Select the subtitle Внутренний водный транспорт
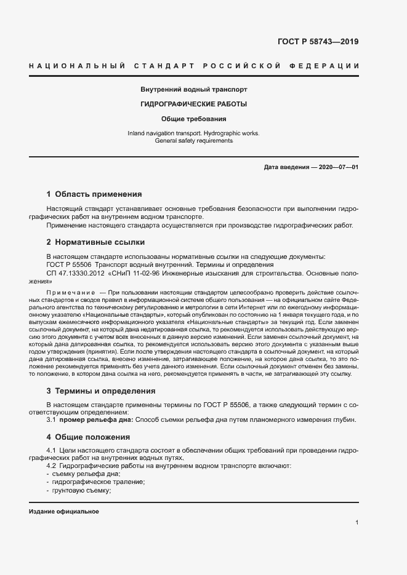click(x=194, y=89)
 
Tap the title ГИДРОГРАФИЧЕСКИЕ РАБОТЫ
click(x=194, y=104)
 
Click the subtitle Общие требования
click(x=194, y=119)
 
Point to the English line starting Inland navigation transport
click(x=194, y=133)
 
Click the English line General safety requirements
click(x=194, y=141)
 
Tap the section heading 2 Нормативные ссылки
click(x=95, y=242)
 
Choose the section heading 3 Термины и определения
click(x=101, y=391)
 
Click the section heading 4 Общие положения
click(x=88, y=437)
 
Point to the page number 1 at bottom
click(x=357, y=523)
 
